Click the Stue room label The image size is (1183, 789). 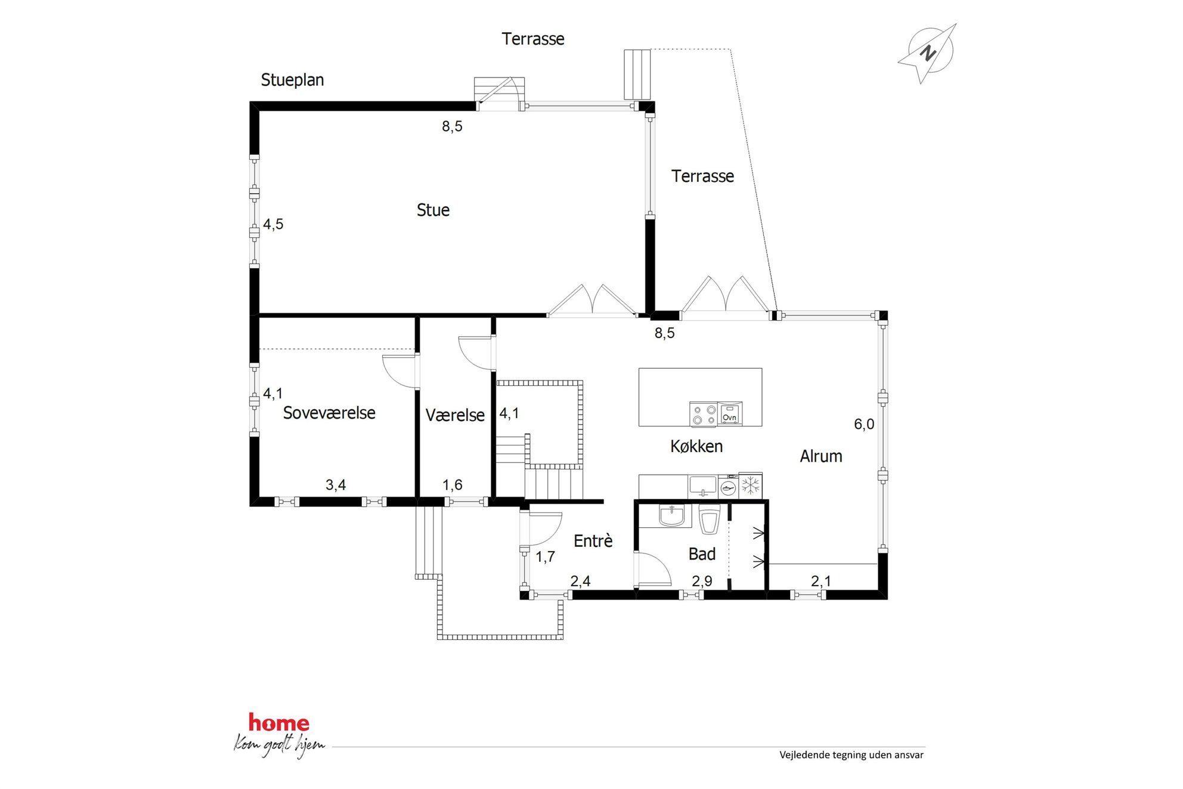click(x=433, y=210)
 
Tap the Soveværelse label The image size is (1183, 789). click(x=329, y=413)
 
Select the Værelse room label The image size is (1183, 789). click(x=455, y=415)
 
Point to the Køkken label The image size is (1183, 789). click(x=696, y=446)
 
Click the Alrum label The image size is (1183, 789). click(x=821, y=456)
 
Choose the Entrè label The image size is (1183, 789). click(x=593, y=540)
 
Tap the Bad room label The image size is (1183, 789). click(x=702, y=554)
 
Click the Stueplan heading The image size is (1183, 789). click(x=292, y=80)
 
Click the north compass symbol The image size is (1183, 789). click(x=928, y=52)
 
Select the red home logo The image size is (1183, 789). click(x=279, y=723)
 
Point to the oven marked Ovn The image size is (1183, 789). click(x=730, y=413)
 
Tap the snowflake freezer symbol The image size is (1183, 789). click(x=751, y=485)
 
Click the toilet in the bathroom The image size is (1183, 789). click(x=709, y=519)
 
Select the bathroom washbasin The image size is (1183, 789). click(x=672, y=515)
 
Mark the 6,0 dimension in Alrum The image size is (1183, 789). click(x=864, y=424)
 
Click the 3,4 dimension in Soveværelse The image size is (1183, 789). click(x=336, y=485)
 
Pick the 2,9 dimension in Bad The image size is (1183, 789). click(x=702, y=581)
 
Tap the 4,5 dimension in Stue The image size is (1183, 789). click(x=273, y=224)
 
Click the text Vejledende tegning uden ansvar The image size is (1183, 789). click(x=851, y=755)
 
